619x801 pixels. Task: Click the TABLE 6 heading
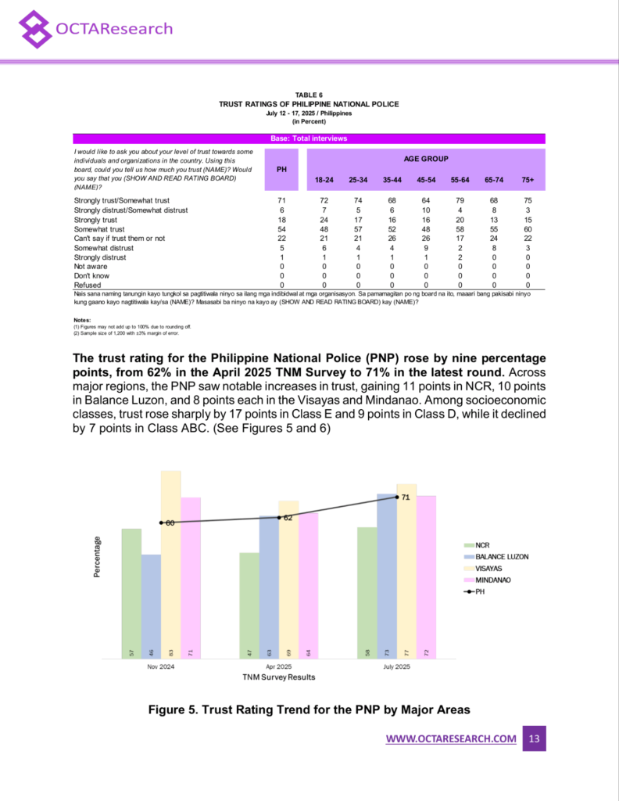pos(309,95)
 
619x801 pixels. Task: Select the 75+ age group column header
pos(528,180)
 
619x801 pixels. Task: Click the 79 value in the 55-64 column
pos(461,201)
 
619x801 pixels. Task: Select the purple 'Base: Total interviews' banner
pos(309,138)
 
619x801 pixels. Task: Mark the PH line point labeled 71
pos(397,497)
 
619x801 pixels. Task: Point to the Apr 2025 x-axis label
pos(279,666)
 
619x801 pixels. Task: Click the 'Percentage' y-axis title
pos(98,557)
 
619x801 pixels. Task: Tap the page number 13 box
pos(534,739)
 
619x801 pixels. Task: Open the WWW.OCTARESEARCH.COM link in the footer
pos(451,739)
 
